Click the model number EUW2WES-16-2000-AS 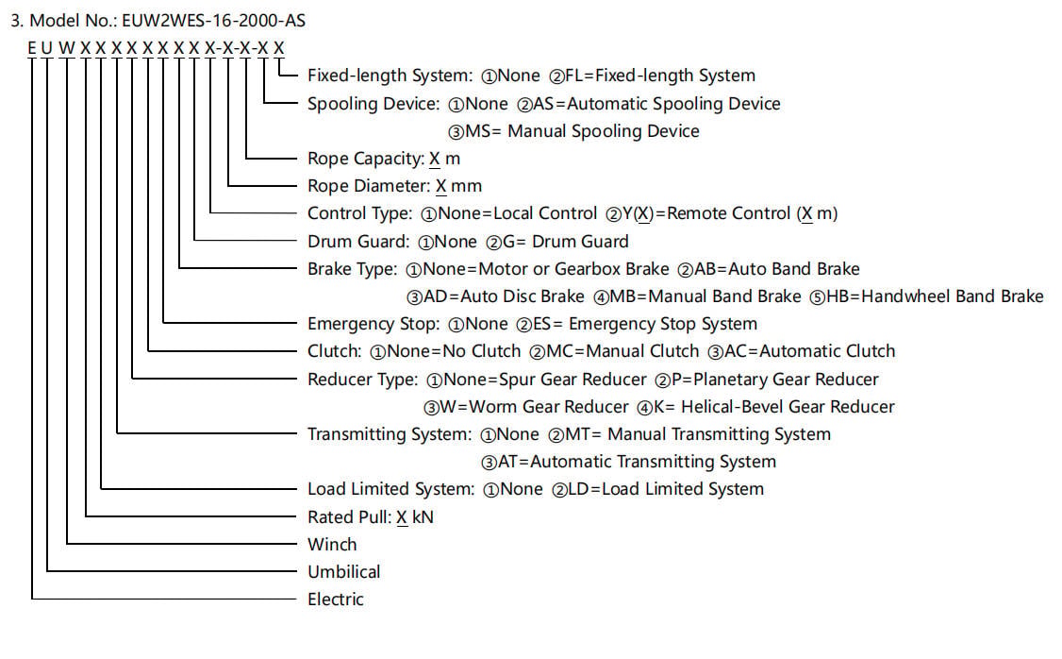coord(213,21)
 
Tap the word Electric coord(335,600)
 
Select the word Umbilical coord(343,571)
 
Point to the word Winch coord(332,545)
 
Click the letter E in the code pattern coord(32,48)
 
